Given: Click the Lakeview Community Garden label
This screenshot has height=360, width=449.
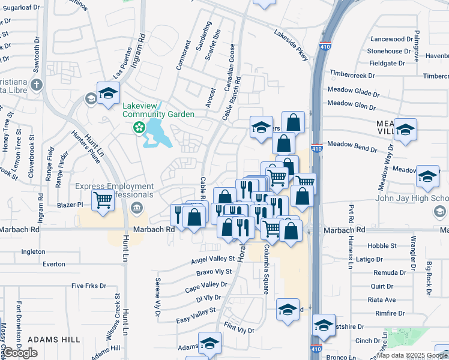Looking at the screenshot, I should point(158,110).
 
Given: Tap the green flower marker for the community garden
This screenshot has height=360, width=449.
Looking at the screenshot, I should point(139,127).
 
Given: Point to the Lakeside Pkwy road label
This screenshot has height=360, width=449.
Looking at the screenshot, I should point(291,45).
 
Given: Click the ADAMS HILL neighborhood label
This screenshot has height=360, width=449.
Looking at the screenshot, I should point(53,340).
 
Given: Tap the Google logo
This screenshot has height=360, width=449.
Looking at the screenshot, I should point(20,353).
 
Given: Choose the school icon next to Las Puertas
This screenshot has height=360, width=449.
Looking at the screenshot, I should point(108,94).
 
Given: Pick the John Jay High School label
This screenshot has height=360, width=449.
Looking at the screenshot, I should point(412,199).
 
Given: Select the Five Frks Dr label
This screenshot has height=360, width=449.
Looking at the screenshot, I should point(88,286).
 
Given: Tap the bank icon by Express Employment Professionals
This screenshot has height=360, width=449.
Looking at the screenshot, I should point(136,208).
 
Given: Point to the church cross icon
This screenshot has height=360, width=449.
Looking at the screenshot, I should point(36,84).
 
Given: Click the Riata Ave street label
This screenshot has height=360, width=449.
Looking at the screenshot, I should point(382,299).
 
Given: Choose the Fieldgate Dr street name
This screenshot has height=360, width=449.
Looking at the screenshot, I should point(387,63).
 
